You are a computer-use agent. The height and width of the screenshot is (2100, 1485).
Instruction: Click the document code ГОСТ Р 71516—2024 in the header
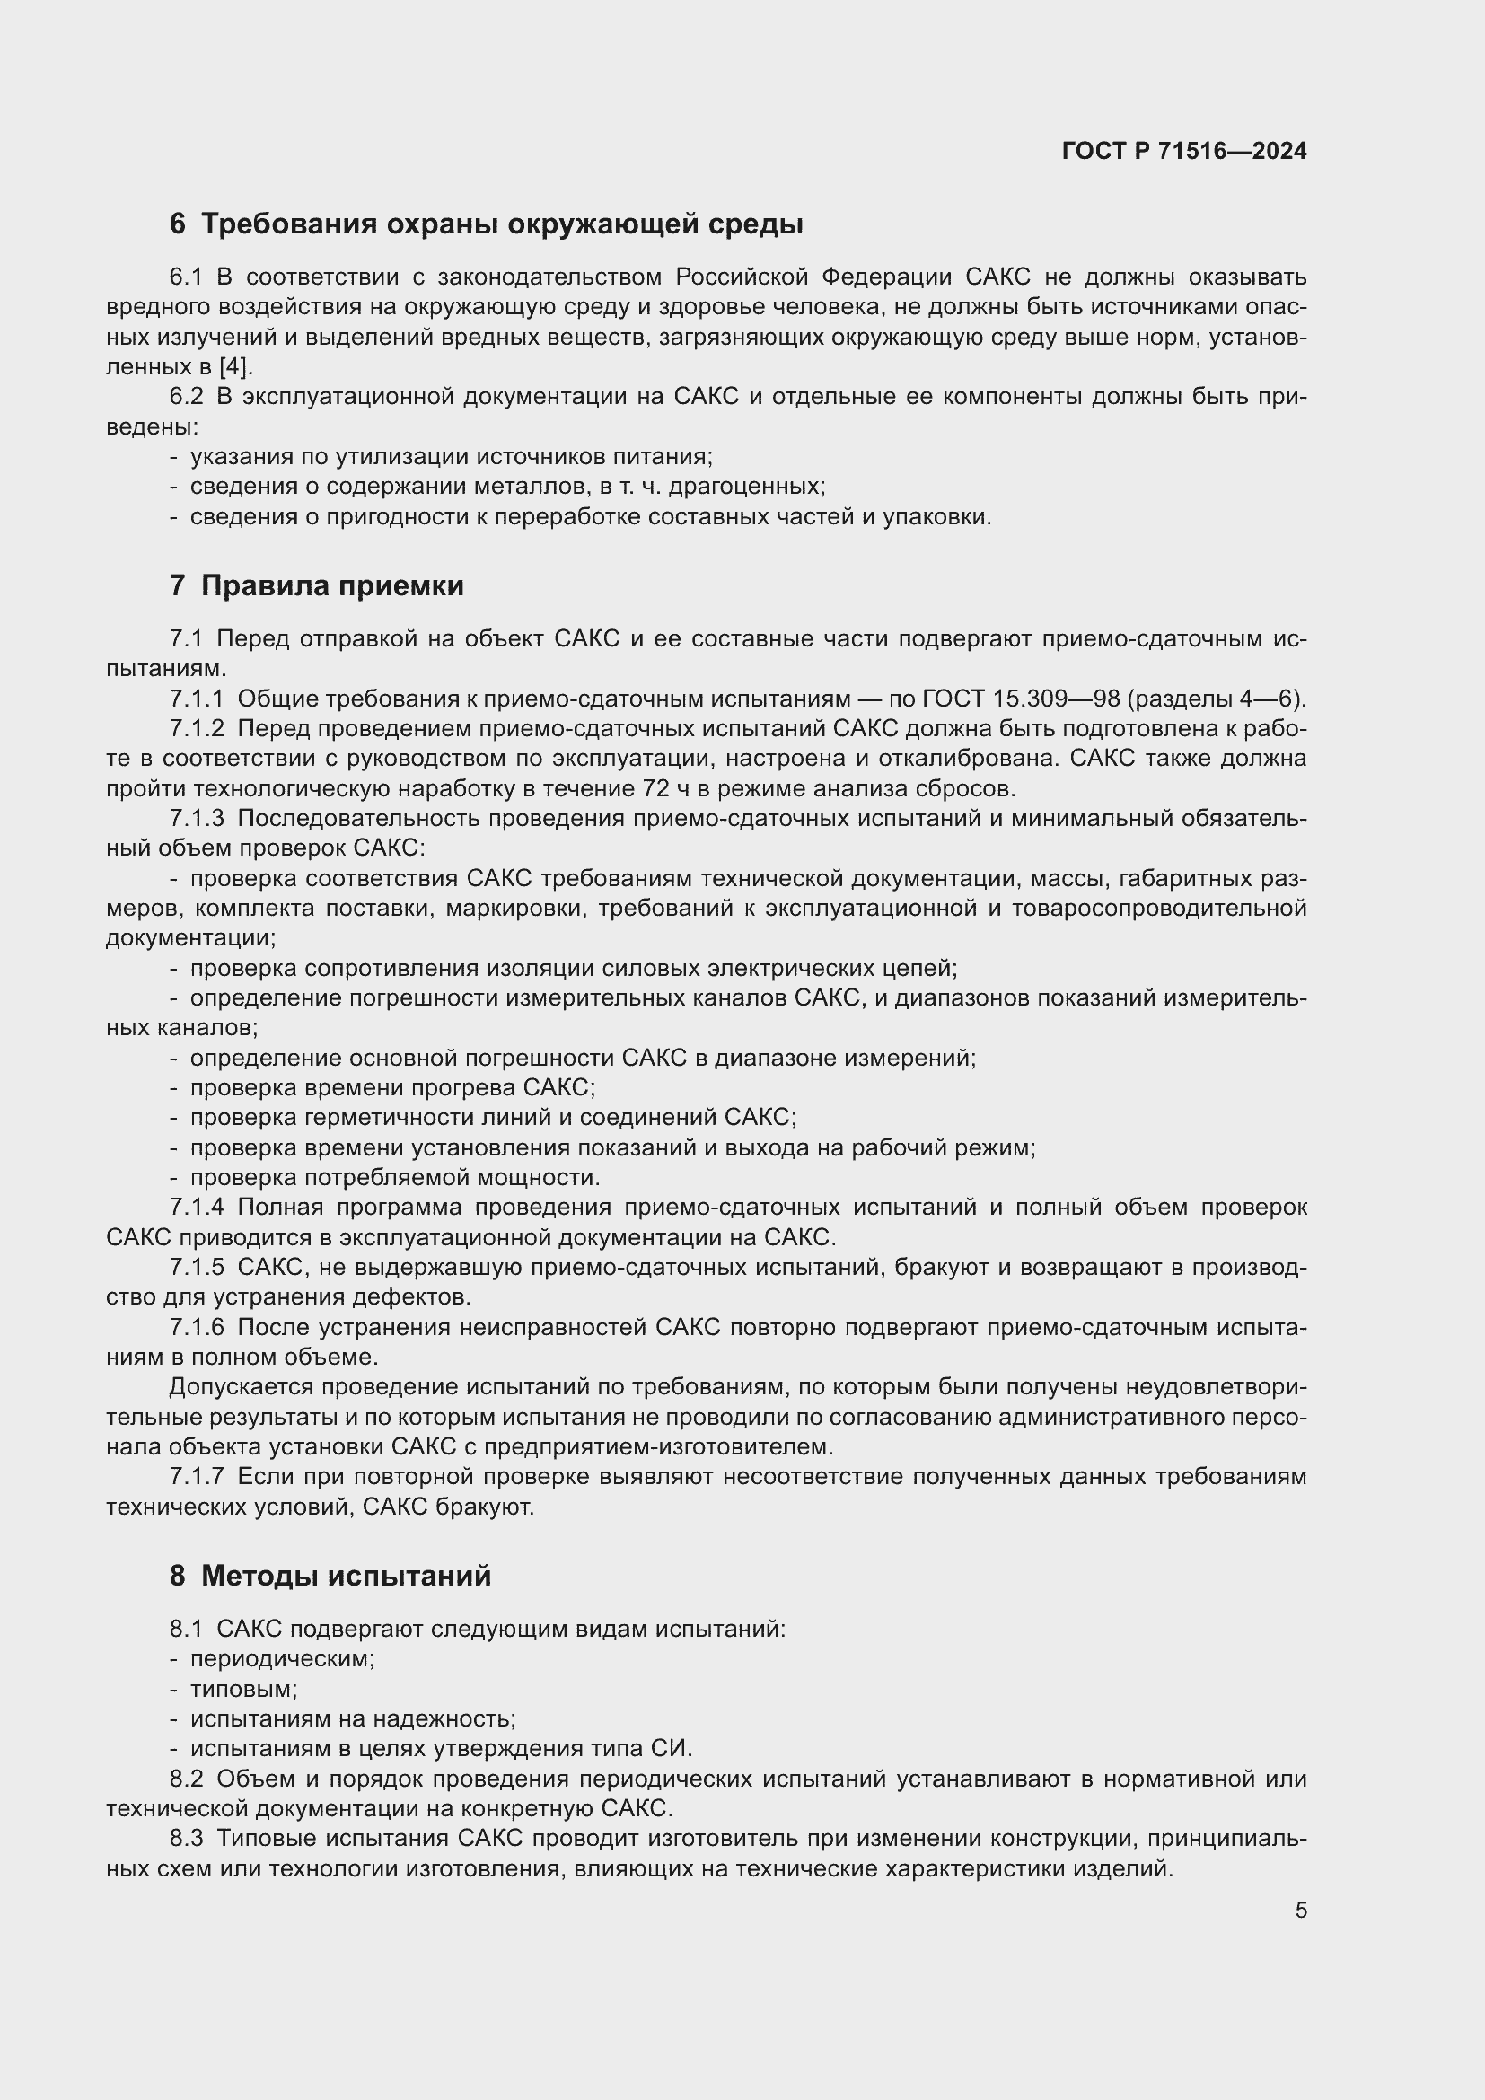pos(1183,151)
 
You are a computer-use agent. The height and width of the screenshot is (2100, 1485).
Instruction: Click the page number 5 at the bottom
pos(1300,1911)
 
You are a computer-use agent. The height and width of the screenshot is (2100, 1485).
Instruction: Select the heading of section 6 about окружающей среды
pos(486,224)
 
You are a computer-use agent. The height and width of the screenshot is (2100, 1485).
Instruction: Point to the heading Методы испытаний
pos(345,1575)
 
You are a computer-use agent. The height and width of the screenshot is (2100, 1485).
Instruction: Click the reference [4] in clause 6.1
pos(234,367)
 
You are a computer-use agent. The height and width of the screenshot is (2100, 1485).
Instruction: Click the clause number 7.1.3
pos(196,819)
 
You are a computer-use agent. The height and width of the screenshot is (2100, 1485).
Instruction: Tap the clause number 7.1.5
pos(196,1267)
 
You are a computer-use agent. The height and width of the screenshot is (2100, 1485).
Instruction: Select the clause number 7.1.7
pos(196,1476)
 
